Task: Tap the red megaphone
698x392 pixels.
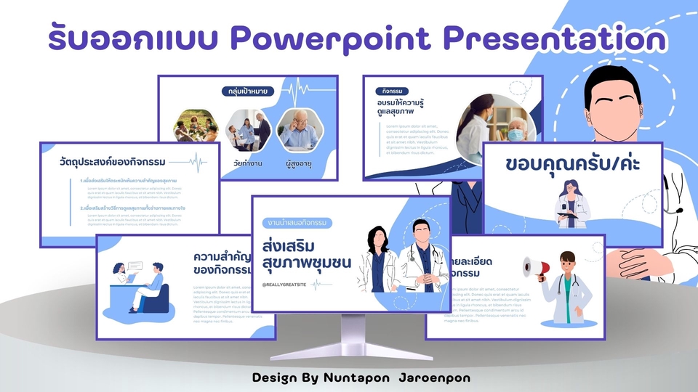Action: [x=534, y=268]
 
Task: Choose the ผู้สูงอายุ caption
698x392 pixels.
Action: [x=299, y=163]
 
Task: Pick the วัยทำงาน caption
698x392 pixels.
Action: [x=247, y=163]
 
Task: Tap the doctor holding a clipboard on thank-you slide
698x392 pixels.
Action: [x=569, y=203]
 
